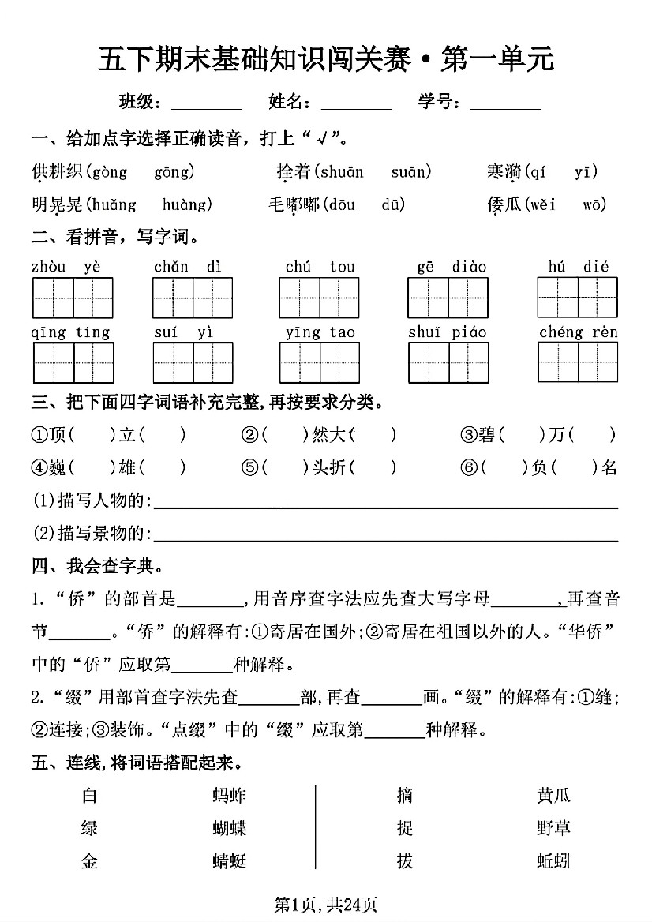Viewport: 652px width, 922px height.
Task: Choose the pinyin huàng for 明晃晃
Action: coord(186,205)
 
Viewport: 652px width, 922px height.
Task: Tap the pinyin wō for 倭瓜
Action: coord(594,205)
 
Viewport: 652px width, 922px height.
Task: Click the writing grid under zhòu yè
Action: coord(73,298)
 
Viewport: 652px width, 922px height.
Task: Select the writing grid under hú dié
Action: coord(578,298)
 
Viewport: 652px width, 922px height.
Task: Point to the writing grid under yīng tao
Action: coord(320,362)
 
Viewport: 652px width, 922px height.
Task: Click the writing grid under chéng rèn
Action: coord(578,362)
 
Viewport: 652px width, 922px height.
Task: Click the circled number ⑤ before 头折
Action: coord(250,468)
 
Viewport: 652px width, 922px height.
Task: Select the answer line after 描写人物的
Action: coord(385,502)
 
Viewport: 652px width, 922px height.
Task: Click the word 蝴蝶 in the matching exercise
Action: coord(230,828)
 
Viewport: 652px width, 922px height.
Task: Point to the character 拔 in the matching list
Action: coord(405,860)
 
